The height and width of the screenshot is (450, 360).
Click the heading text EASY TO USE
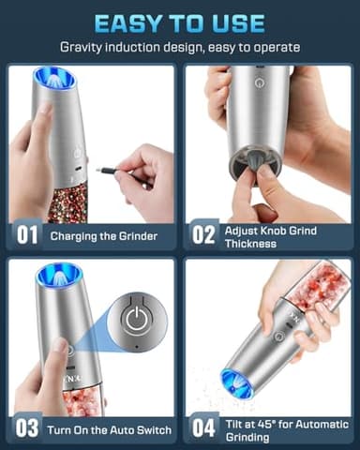coord(180,21)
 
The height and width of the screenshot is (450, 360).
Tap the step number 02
coord(203,236)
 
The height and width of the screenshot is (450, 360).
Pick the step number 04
coord(203,428)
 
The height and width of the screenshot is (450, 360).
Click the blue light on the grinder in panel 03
coord(47,276)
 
